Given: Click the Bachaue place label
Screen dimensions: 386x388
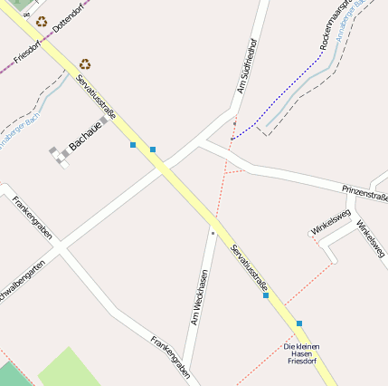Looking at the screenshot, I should [x=87, y=137].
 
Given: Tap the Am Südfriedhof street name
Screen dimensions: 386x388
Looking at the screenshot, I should [x=247, y=66].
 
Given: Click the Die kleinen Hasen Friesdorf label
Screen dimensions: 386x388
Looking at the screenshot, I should [x=302, y=353].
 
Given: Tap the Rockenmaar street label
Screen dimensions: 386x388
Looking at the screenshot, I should [x=334, y=25].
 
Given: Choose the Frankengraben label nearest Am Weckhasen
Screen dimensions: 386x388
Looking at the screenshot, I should [x=170, y=357].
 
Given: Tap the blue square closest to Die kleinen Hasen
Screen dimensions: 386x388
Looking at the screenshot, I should [x=298, y=323].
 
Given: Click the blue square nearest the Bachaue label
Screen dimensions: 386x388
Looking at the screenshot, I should [x=133, y=145].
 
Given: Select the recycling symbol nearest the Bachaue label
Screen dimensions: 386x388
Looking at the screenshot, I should [x=85, y=64].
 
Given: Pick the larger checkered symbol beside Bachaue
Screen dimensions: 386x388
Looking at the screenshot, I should [x=60, y=156].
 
